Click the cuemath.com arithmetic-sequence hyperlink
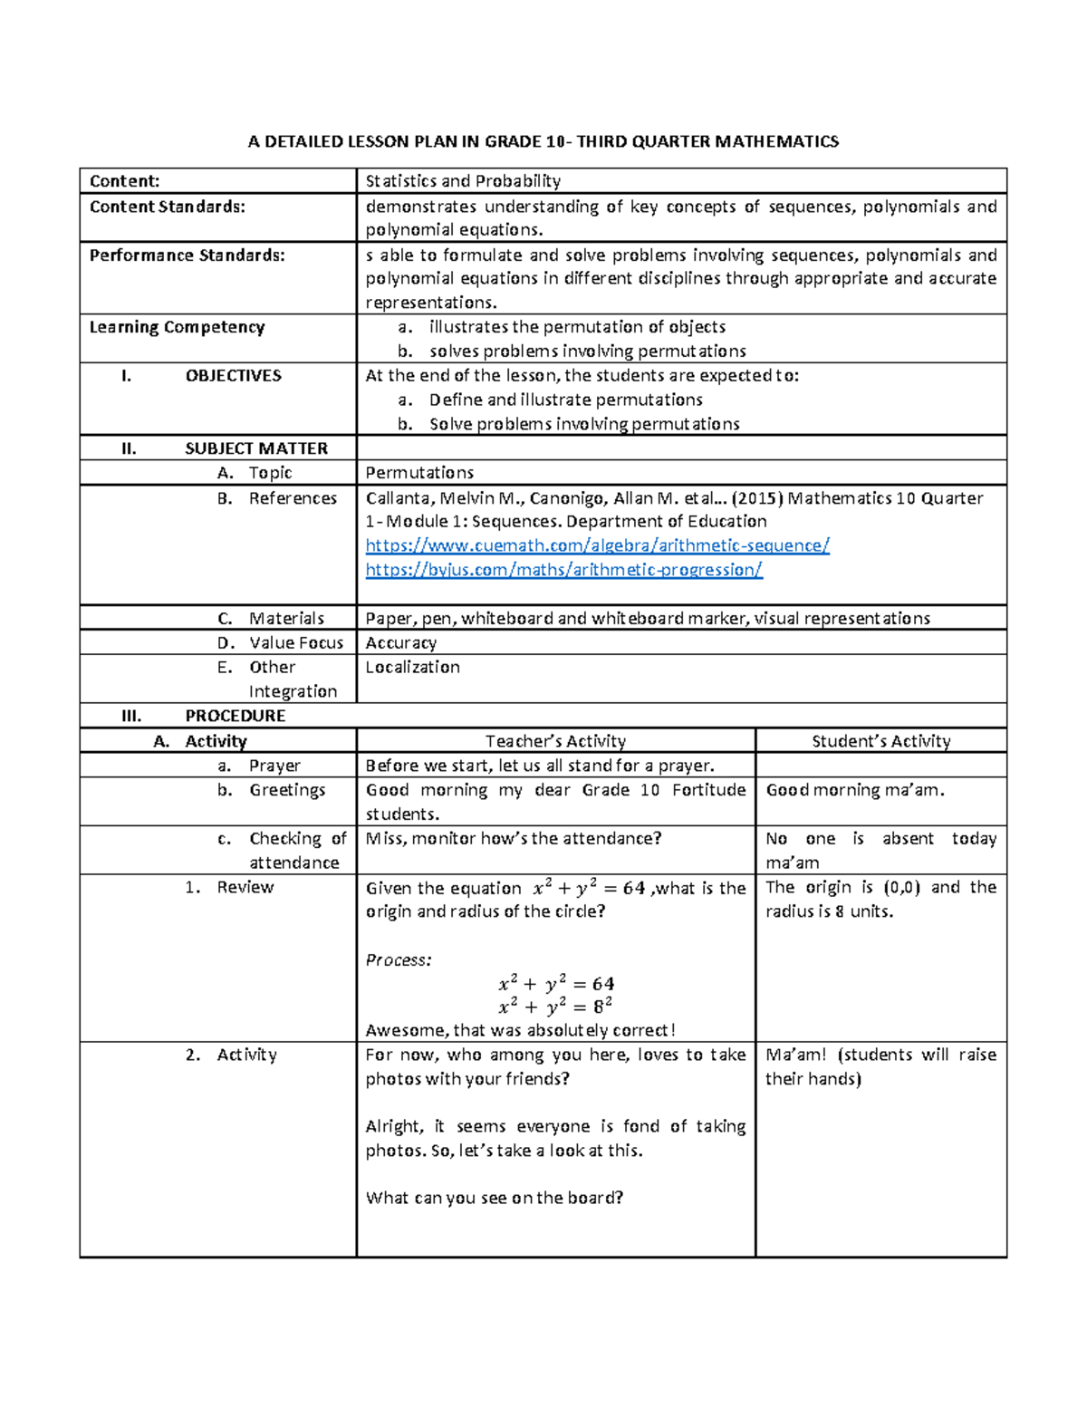coord(597,545)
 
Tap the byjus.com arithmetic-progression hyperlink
coord(563,570)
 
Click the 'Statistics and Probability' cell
coord(463,181)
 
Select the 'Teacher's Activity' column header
coord(555,741)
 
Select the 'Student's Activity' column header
coord(880,741)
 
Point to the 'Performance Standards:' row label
coord(187,255)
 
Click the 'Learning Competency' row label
coord(177,327)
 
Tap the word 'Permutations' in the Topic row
coord(419,473)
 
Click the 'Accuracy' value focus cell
coord(400,643)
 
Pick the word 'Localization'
coord(412,668)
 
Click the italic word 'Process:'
coord(399,960)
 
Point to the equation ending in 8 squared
coord(555,1007)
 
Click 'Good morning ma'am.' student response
coord(855,790)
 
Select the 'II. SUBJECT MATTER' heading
coord(225,448)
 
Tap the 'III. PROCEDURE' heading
coord(204,716)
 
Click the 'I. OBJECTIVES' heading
coord(201,376)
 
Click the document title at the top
coord(543,141)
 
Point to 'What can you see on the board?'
coord(495,1198)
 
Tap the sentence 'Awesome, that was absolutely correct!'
coord(520,1030)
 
